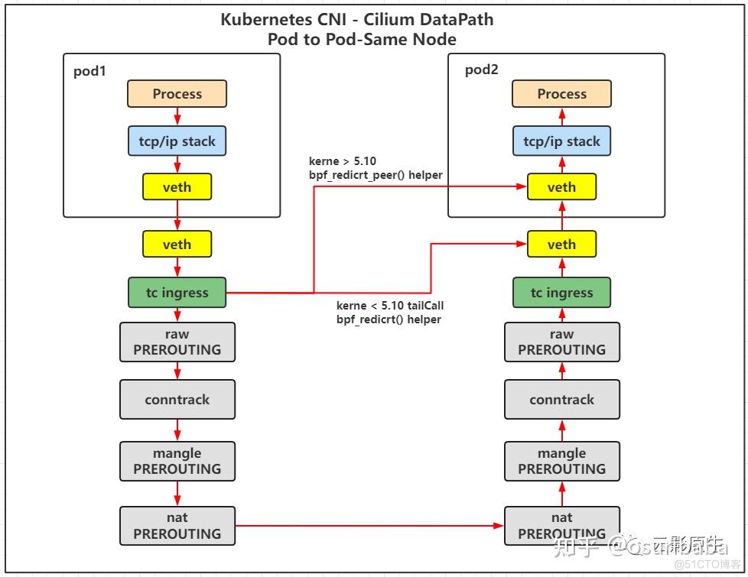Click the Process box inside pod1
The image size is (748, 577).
177,94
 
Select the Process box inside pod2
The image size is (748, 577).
561,94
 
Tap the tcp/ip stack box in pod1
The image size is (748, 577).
177,141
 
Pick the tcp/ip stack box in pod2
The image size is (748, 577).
561,141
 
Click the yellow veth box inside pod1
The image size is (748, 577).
177,187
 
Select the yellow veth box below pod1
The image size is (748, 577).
177,245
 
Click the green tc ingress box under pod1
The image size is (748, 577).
177,293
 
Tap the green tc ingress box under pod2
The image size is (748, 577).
561,293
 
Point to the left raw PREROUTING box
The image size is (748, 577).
177,342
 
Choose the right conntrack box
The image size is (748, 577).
561,400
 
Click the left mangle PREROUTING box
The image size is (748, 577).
177,461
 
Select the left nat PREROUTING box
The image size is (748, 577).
177,526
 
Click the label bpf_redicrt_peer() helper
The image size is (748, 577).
376,175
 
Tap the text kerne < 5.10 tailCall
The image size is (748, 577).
389,306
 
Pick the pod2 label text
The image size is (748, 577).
481,70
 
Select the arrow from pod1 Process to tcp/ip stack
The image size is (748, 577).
177,117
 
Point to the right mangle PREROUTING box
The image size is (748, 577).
561,461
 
